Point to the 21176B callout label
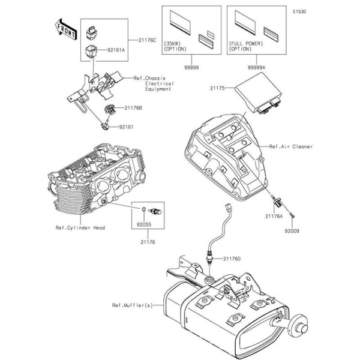[x=133, y=108]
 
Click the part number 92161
[x=126, y=127]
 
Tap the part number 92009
[x=292, y=230]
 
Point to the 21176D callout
[x=232, y=258]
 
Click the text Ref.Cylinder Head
[x=79, y=228]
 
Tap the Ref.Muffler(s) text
[x=131, y=305]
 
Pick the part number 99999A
[x=248, y=68]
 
